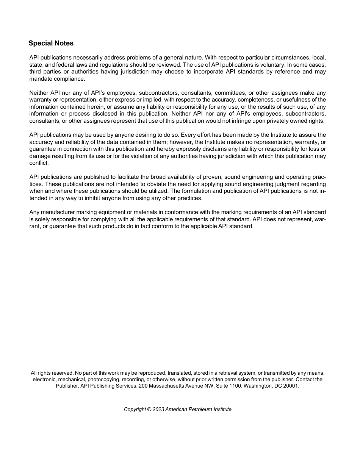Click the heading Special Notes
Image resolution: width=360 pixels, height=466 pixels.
point(51,43)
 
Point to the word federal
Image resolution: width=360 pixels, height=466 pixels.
point(63,65)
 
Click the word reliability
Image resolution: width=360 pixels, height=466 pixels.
point(67,142)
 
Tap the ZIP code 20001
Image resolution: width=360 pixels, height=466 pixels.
point(291,386)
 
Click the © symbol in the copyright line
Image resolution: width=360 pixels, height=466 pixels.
point(149,410)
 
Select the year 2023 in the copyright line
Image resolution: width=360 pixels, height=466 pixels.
point(158,410)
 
